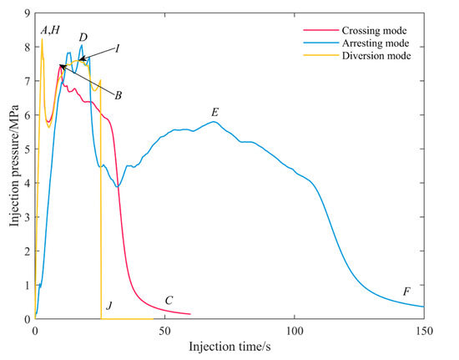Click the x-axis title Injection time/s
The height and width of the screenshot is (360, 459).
tap(229, 345)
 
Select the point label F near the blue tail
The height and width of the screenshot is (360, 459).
tap(406, 292)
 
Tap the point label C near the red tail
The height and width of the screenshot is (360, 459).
tap(169, 301)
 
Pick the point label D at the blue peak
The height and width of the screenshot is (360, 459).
tap(83, 38)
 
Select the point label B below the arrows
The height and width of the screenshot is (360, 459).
tap(119, 96)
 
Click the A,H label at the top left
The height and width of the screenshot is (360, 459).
tap(49, 30)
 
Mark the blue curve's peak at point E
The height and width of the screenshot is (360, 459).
tap(214, 122)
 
